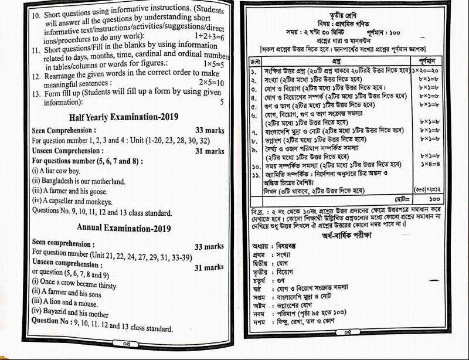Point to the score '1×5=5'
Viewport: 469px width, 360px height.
[213, 63]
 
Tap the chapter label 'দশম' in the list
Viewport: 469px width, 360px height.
[260, 323]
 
